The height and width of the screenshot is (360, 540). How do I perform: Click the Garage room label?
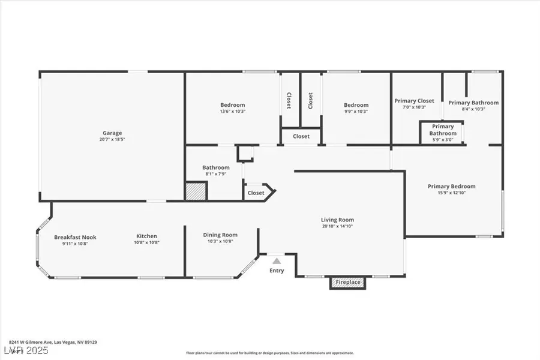tap(112, 133)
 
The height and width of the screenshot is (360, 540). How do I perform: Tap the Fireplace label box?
tap(348, 282)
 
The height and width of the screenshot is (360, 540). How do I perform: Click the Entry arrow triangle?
tap(277, 261)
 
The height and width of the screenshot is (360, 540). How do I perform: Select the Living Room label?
tap(337, 220)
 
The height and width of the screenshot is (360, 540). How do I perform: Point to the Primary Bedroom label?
tap(451, 187)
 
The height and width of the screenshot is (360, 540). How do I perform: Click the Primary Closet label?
tap(414, 101)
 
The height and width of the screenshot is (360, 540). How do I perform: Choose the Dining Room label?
tap(222, 235)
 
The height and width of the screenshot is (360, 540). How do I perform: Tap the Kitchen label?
tap(147, 237)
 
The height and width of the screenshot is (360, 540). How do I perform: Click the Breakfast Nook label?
tap(75, 237)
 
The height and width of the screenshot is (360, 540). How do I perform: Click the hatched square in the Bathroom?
tap(196, 192)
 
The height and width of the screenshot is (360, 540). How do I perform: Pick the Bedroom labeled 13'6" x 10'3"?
tap(232, 105)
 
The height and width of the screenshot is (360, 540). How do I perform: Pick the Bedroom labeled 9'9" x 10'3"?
tap(356, 105)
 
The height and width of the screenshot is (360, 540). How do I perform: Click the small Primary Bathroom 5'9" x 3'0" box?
tap(443, 133)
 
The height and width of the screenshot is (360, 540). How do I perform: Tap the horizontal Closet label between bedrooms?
tap(301, 136)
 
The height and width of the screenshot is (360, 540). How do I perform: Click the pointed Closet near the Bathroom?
tap(257, 193)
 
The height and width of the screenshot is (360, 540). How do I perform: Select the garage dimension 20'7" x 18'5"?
tap(112, 139)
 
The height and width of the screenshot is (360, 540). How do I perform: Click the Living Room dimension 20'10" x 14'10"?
tap(337, 227)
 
